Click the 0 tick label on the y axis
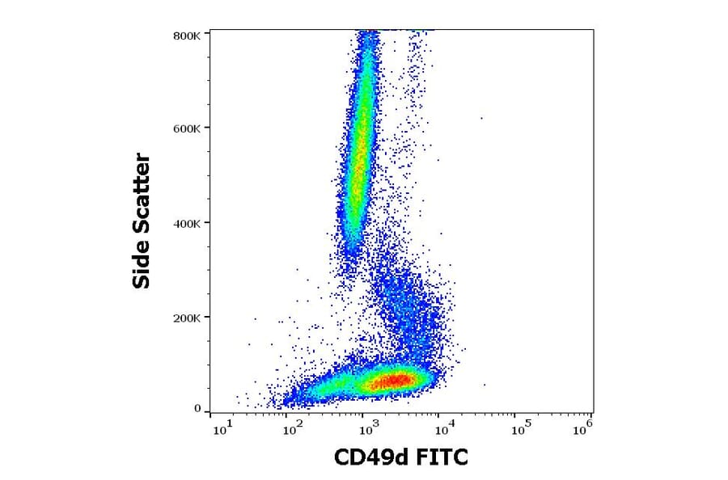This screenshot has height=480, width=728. point(197,409)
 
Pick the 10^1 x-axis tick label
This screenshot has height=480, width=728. point(220,428)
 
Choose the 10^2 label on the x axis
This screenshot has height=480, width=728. point(293,428)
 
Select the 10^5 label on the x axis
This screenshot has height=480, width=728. point(514,428)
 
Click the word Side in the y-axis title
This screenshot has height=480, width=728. point(142,267)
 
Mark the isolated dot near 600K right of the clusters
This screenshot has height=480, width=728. point(481,118)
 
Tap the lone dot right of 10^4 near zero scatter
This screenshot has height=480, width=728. point(485,385)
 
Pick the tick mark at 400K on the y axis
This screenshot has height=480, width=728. point(208,223)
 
